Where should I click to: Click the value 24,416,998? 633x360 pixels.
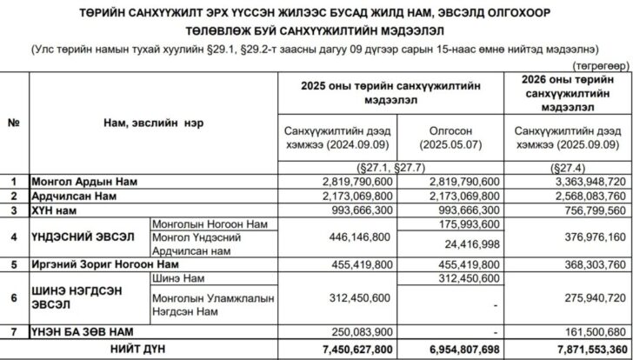click(471, 244)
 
